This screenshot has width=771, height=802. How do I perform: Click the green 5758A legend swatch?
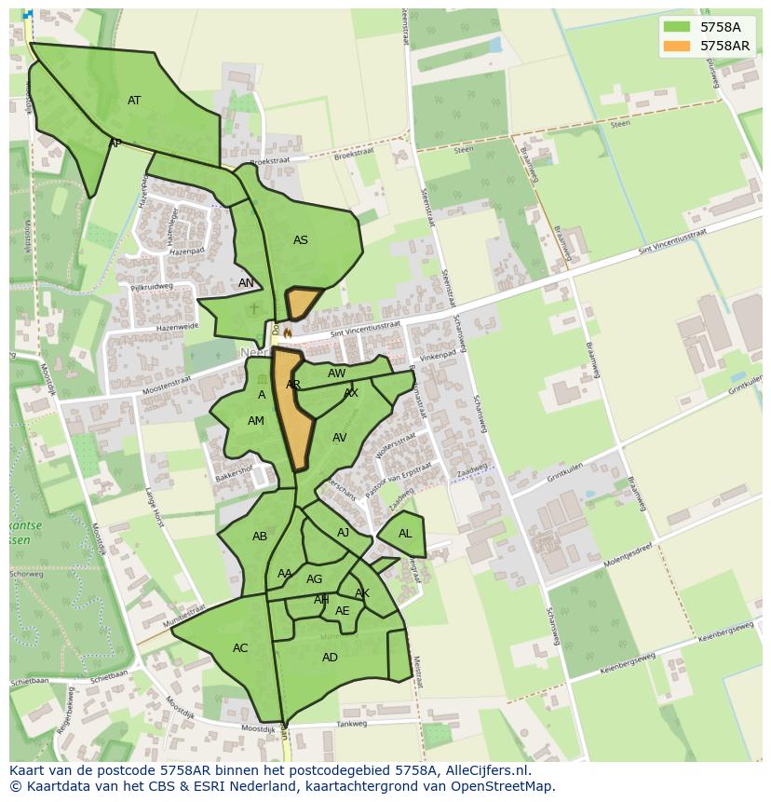(677, 28)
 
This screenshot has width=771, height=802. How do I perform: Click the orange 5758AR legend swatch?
(677, 46)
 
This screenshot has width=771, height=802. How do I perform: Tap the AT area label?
(134, 101)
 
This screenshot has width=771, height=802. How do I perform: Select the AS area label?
(300, 240)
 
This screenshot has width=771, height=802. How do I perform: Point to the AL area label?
(405, 534)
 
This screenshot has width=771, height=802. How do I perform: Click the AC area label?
(240, 648)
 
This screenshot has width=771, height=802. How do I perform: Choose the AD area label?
(330, 658)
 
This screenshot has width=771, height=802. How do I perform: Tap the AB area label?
(260, 537)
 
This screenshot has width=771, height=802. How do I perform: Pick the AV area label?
(340, 438)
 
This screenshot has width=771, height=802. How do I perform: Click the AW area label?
(337, 374)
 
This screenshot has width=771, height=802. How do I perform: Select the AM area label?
(256, 421)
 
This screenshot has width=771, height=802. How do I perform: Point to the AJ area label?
(344, 533)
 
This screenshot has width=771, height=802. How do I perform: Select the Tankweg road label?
(352, 724)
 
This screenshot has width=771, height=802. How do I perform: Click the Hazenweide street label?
(177, 327)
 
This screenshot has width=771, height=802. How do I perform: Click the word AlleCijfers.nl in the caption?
(484, 770)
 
